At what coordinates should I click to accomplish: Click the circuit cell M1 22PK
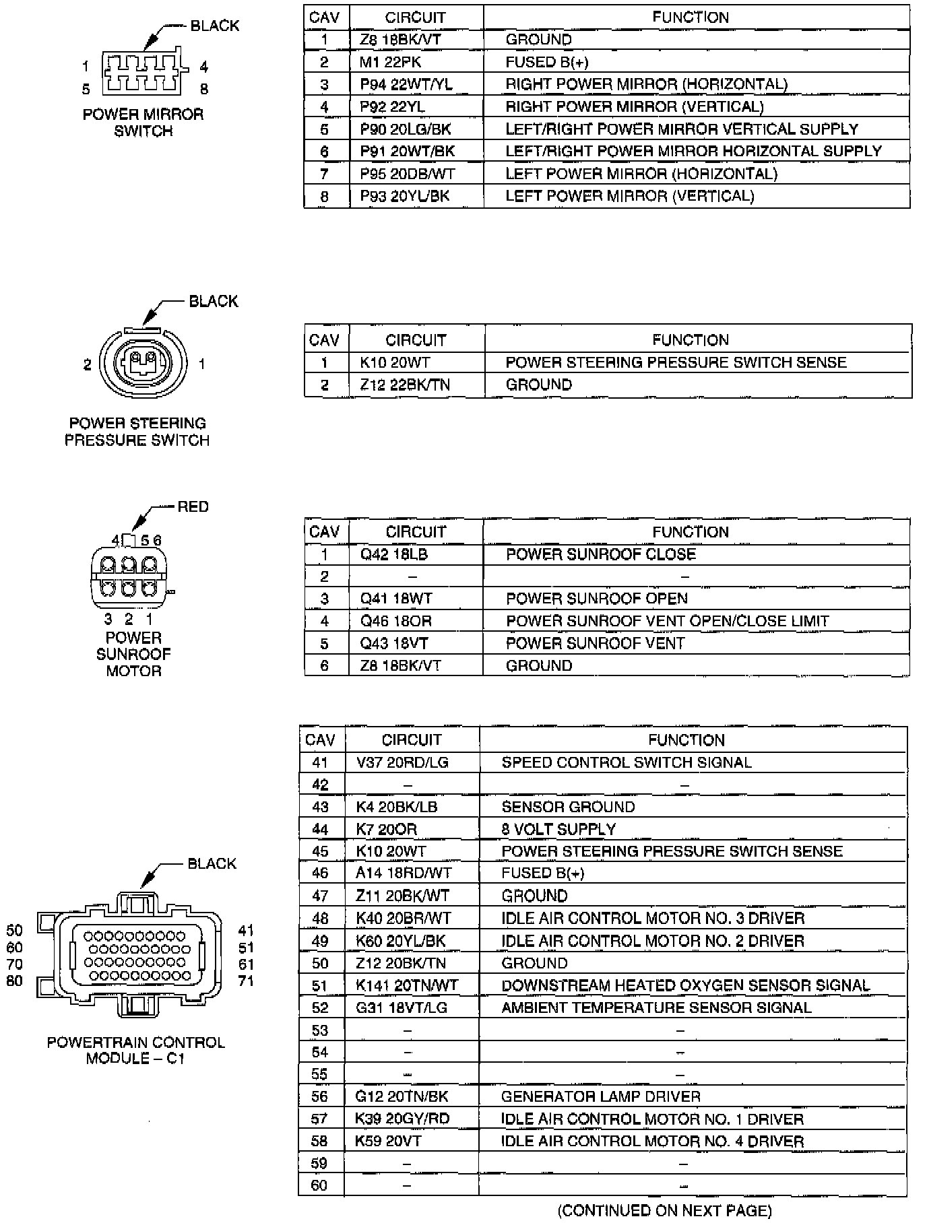pos(390,62)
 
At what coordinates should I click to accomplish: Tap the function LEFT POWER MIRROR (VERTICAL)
pos(629,196)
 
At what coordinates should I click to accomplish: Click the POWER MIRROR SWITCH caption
pos(143,123)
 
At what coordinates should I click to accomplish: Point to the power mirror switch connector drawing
pos(143,73)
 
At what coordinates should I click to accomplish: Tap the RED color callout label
pos(193,506)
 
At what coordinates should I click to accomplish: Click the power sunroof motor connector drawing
pos(128,576)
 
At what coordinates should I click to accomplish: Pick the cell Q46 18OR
pos(395,621)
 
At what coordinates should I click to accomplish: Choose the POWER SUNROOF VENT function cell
pos(595,643)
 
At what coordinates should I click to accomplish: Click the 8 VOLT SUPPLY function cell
pos(558,829)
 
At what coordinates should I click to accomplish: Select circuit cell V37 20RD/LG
pos(402,762)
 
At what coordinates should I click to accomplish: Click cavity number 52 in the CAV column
pos(320,1007)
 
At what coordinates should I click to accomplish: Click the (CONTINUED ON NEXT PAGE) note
pos(664,1210)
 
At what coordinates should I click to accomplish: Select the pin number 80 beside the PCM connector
pos(15,981)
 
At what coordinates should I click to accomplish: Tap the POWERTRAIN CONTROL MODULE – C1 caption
pos(136,1050)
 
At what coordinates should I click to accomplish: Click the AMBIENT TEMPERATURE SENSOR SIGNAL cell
pos(656,1007)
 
